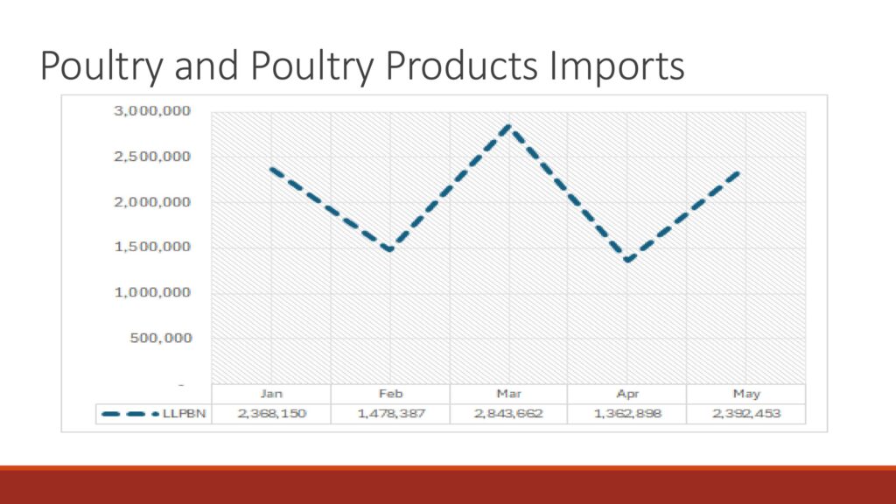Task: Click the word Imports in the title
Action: click(x=617, y=66)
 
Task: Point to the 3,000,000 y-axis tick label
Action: click(x=152, y=111)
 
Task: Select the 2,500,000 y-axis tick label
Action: click(x=152, y=157)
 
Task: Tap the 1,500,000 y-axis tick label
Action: click(x=152, y=247)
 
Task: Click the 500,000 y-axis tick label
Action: click(x=161, y=339)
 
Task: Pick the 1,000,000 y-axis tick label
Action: click(x=152, y=292)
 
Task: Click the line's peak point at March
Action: click(x=508, y=126)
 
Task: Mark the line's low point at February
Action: click(x=390, y=249)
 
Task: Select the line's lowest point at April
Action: click(x=627, y=260)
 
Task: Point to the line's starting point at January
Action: click(x=271, y=169)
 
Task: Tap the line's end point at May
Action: click(x=739, y=171)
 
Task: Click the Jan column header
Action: click(x=271, y=394)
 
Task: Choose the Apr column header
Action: click(x=627, y=394)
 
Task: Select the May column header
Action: click(x=746, y=394)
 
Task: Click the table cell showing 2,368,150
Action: click(x=271, y=414)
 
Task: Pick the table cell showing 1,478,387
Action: click(x=391, y=414)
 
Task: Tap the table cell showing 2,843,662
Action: click(x=508, y=414)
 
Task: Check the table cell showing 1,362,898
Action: click(x=627, y=414)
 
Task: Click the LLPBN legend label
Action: click(x=184, y=414)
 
